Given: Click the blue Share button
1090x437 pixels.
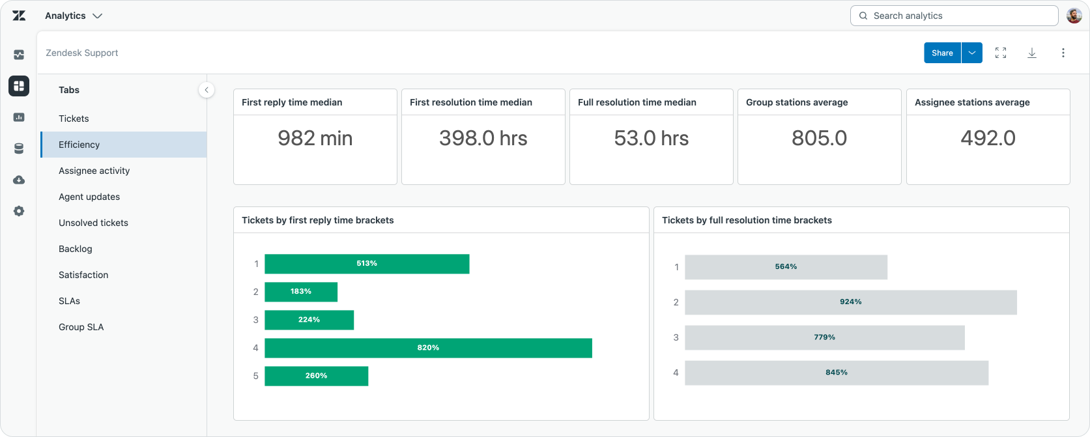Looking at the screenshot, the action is point(942,53).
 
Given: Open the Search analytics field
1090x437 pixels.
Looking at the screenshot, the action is point(954,16).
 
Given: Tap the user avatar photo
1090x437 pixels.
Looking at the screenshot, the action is point(1074,16).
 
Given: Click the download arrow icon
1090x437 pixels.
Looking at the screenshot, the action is point(1031,53).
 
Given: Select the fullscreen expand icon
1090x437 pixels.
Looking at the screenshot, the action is point(1001,53).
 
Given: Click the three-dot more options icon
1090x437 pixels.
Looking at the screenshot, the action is point(1063,53).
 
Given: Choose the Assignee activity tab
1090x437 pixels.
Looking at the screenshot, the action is point(94,171).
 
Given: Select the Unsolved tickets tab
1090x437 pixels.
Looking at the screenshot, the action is point(93,223).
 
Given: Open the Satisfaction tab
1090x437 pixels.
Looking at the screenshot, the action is point(83,275).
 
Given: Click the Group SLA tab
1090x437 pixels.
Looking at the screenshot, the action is point(81,327).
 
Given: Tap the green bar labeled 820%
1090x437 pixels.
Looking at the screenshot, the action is point(428,348).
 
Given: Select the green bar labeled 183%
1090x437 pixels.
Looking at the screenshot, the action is point(301,292).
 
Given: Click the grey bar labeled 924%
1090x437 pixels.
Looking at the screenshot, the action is point(851,302).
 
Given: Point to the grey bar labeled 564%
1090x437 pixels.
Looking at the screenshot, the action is point(786,267).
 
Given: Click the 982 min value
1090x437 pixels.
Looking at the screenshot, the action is point(315,138).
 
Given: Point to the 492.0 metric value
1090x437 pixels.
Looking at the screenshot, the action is point(988,138).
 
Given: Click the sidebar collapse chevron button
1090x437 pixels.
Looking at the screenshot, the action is point(207,90).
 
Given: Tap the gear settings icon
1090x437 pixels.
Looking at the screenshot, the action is point(19,211).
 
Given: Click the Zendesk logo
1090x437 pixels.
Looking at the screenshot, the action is point(19,16).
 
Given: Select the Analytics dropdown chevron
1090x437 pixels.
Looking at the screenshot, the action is point(97,16).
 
